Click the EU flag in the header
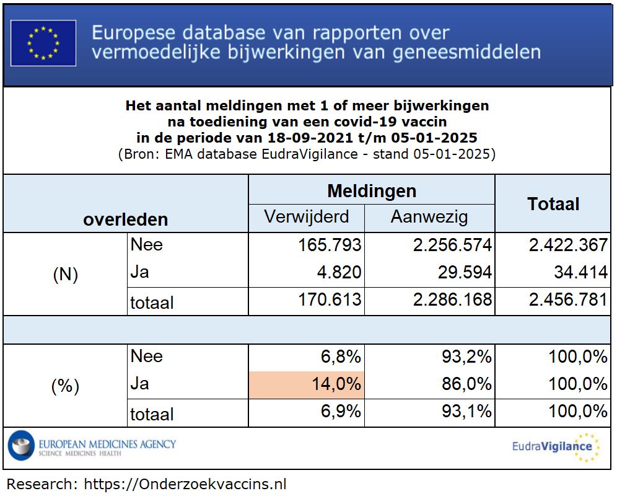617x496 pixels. (x=43, y=43)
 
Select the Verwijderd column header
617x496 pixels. (x=307, y=217)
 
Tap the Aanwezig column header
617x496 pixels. (x=429, y=217)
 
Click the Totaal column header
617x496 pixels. (x=553, y=204)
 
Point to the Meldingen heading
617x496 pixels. (x=372, y=190)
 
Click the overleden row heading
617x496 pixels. (x=126, y=219)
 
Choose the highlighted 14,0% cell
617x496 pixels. (x=307, y=384)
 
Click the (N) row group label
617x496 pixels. (x=65, y=275)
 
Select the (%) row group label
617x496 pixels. (x=65, y=386)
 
